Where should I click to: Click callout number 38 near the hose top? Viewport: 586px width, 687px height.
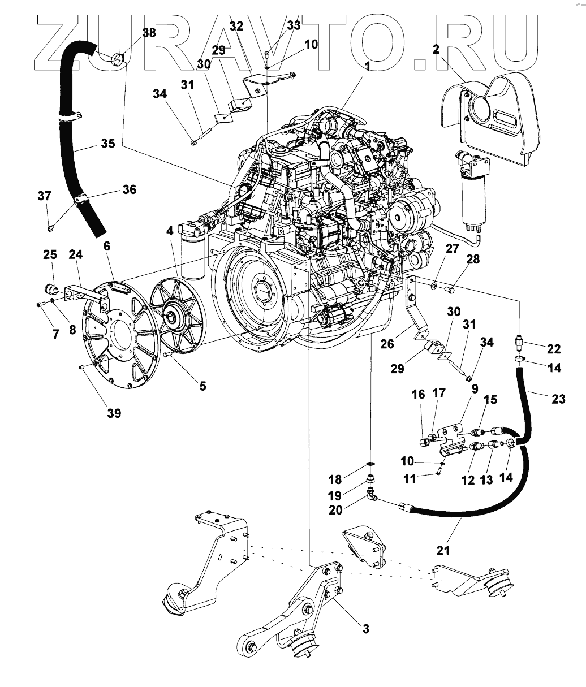click(x=149, y=33)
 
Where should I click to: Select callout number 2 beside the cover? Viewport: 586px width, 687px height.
click(x=436, y=49)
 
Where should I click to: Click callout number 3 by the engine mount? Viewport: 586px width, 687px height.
click(x=366, y=628)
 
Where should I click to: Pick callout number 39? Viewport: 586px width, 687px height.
click(x=114, y=414)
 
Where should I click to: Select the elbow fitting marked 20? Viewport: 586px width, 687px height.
click(x=372, y=497)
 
